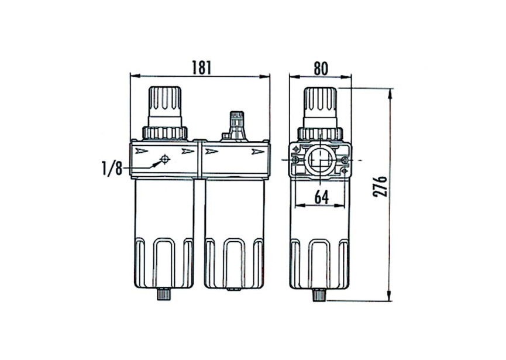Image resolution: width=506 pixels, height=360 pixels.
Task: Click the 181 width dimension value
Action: click(x=202, y=67)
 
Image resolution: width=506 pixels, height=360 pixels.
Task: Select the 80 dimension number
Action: click(x=321, y=68)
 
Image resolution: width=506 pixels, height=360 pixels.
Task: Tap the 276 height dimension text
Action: click(x=380, y=186)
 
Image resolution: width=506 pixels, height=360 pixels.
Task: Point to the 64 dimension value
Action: click(x=321, y=197)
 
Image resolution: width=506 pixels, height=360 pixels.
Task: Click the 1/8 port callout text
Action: click(x=112, y=169)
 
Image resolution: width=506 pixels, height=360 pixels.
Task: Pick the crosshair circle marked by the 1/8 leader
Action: click(x=165, y=159)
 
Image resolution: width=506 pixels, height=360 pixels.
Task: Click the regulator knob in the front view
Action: click(x=165, y=106)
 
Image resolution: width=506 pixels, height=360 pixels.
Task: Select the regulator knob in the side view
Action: click(x=320, y=107)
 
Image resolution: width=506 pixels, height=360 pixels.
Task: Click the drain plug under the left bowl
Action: click(x=164, y=294)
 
